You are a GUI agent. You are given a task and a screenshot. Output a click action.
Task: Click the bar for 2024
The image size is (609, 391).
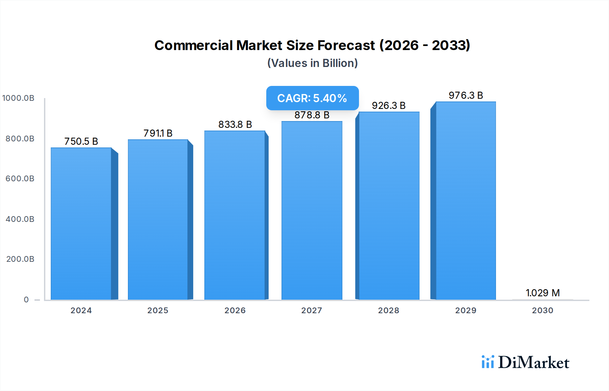[81, 223]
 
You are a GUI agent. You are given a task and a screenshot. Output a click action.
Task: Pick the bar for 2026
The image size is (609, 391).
[234, 215]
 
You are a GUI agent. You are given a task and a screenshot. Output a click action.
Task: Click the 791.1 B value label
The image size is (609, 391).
[158, 133]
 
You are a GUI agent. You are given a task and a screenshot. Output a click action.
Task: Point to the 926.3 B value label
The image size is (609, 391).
[389, 106]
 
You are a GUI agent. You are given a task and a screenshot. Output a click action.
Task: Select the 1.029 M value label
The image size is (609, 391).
[543, 293]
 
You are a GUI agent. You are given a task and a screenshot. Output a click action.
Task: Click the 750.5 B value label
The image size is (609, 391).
[81, 141]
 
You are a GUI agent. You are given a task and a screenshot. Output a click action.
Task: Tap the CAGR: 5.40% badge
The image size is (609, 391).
[312, 98]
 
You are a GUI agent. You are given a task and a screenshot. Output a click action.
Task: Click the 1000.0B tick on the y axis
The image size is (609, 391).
[18, 98]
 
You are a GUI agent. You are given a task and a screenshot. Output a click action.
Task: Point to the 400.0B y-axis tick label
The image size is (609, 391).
[20, 219]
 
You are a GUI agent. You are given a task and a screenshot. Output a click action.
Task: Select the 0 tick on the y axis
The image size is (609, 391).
[26, 300]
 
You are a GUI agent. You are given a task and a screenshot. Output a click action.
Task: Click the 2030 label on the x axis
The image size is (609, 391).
[542, 310]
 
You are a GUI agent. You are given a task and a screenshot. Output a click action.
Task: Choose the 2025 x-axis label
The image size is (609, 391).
[158, 310]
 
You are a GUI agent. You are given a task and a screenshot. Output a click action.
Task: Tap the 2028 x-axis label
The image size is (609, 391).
[388, 310]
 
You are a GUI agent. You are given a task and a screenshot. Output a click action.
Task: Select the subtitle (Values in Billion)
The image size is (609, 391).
[312, 63]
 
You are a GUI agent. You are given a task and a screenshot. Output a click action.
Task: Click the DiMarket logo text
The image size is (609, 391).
[534, 363]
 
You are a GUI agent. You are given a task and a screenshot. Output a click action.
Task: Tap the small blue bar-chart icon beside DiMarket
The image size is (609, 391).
[488, 362]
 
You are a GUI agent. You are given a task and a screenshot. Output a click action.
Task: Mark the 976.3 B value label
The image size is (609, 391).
[466, 95]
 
